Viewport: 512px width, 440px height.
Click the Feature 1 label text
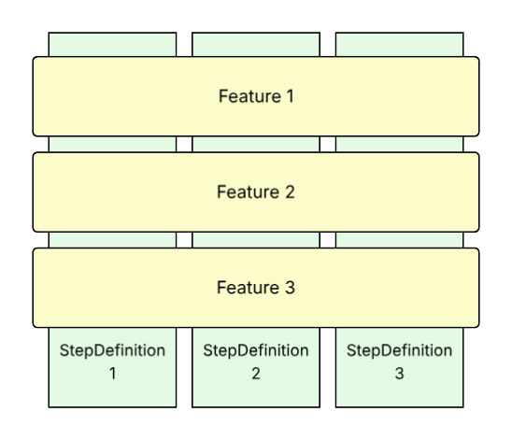[256, 96]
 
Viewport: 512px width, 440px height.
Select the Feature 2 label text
[256, 192]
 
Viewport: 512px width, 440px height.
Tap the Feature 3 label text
[256, 288]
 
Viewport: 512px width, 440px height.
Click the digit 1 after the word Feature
[290, 96]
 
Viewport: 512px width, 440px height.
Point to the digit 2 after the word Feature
[290, 192]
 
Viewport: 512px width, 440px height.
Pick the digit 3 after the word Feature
[290, 288]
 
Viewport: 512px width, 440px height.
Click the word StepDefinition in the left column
[112, 351]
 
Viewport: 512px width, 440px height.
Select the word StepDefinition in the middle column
[256, 351]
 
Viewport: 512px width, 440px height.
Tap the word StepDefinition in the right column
[399, 351]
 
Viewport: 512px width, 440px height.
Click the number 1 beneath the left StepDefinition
[112, 374]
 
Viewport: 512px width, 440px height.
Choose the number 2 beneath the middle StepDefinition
[256, 374]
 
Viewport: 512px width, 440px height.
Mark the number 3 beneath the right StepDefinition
[399, 374]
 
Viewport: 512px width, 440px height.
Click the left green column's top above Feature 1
[112, 44]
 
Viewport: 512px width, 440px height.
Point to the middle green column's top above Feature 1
[256, 44]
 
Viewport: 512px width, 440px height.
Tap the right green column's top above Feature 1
[399, 44]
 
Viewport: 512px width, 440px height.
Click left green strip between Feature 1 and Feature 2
[112, 144]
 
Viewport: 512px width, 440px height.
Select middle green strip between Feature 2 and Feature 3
[256, 240]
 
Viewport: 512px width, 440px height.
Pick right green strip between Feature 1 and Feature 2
[399, 144]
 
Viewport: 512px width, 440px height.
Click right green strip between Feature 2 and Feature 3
[399, 240]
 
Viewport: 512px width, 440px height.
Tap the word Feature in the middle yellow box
[248, 192]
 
